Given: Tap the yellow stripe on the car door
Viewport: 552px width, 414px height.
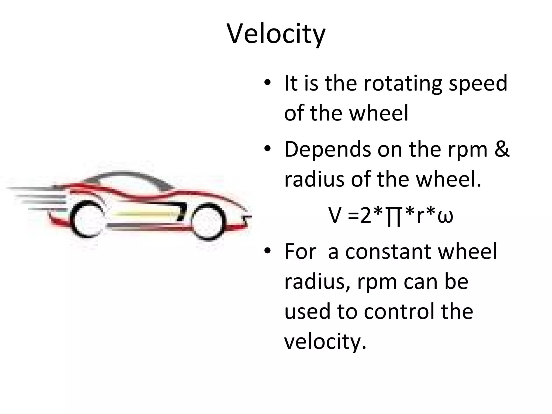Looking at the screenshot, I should coord(143,215).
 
